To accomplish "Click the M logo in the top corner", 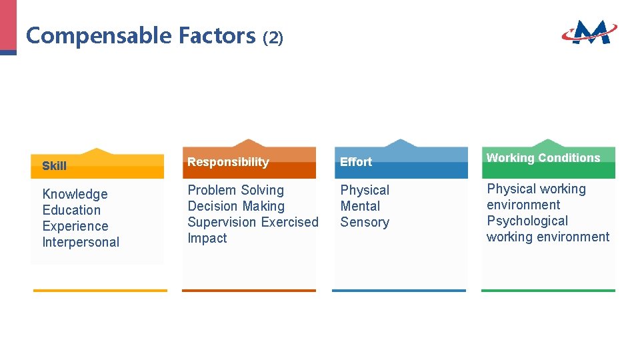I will tap(589, 31).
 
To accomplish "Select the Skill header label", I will tap(54, 166).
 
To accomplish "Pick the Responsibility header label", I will tap(228, 162).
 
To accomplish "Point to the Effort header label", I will tap(356, 162).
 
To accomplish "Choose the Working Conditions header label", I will tap(543, 158).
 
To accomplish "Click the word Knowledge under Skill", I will tap(75, 194).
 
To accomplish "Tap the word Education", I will tap(71, 210).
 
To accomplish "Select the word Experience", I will tap(75, 226).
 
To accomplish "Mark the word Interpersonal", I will tap(81, 242).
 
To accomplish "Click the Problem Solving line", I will tap(235, 190).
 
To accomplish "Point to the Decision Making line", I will tap(236, 206).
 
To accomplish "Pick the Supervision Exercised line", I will tap(253, 222).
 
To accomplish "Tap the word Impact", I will tap(207, 238).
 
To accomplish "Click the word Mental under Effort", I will tap(360, 206).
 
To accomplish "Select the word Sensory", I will tap(365, 222).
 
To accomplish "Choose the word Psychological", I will tap(527, 221).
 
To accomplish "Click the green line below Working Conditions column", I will tap(548, 291).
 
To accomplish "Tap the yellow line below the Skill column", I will tap(100, 291).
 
